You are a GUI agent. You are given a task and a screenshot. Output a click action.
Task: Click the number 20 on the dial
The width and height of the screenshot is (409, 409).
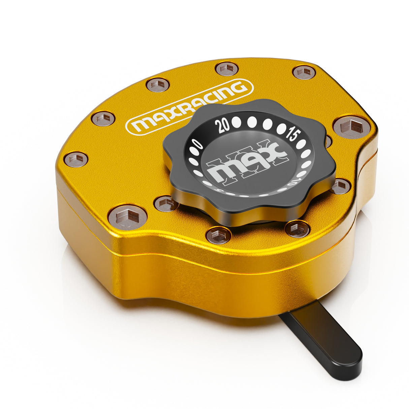point(224,126)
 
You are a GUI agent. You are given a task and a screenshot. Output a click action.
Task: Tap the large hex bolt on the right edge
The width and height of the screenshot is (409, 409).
point(350,127)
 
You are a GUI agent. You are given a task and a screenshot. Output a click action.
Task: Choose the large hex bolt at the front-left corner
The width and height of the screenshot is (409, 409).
point(127,217)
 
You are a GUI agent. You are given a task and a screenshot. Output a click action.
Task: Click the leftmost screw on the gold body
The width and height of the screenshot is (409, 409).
point(76,159)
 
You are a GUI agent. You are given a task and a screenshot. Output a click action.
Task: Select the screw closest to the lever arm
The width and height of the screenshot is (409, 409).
point(297,229)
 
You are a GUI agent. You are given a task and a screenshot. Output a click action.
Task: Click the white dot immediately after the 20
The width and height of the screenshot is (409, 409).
point(237,122)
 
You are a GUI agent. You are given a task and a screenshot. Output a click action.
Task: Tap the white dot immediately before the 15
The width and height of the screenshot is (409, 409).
point(281,128)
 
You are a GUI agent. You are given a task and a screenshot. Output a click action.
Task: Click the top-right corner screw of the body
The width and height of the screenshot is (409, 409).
point(304,72)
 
